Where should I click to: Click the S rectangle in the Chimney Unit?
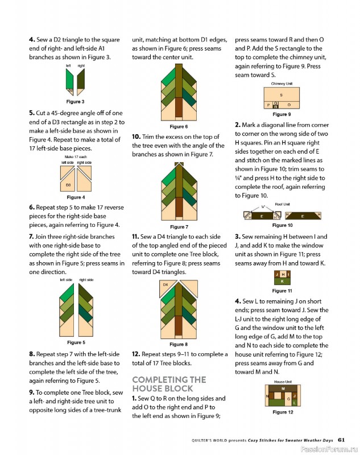click(282, 94)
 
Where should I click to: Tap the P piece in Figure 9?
click(268, 105)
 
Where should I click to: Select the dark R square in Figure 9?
click(276, 106)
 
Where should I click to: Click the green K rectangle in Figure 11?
click(282, 281)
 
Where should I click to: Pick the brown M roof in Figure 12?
click(283, 388)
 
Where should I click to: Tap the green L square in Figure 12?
click(294, 403)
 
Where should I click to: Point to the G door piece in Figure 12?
click(288, 399)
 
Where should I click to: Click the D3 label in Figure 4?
click(68, 185)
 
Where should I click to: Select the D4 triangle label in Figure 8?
click(165, 285)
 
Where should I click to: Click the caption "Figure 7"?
click(179, 227)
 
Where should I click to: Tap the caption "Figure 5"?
click(76, 342)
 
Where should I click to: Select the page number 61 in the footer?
click(341, 440)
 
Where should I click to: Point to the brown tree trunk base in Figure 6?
click(179, 107)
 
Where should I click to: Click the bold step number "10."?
click(136, 136)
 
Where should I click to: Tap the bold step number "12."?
click(136, 354)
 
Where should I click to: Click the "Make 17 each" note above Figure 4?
click(76, 157)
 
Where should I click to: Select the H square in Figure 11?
click(283, 274)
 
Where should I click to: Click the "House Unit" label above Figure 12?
click(283, 382)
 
